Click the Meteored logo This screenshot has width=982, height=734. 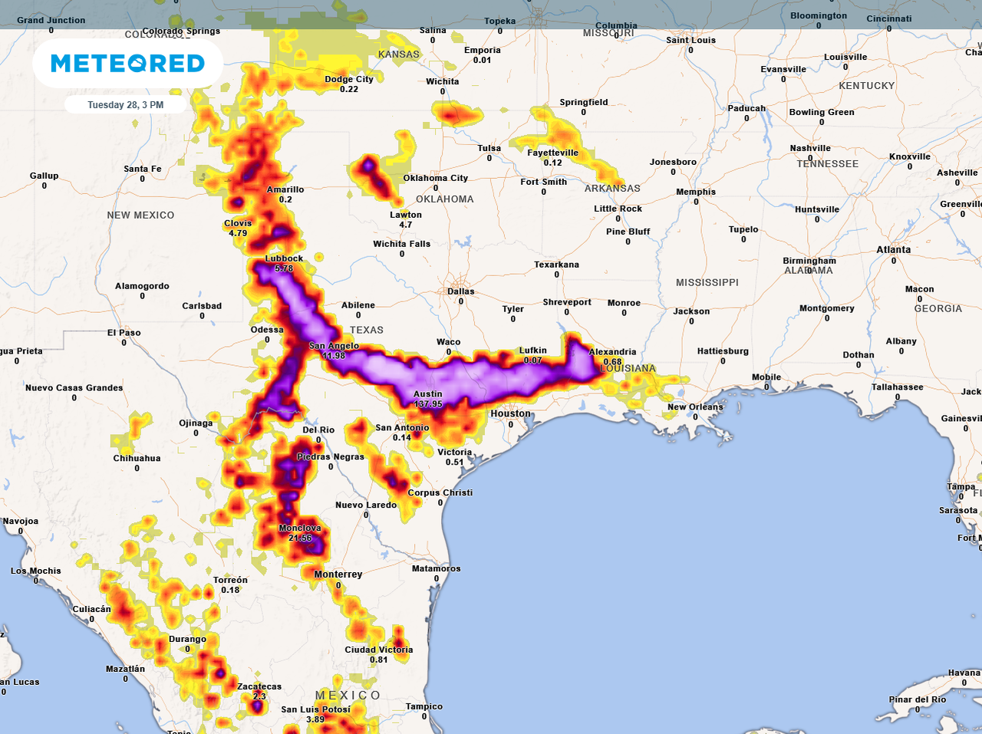127,63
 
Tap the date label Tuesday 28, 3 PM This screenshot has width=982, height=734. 125,105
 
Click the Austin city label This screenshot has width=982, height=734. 427,394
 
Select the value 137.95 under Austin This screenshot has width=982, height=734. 428,404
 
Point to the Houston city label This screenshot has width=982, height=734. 510,413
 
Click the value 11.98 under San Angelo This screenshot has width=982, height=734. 334,356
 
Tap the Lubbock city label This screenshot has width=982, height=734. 284,259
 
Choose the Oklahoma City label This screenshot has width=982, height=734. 435,178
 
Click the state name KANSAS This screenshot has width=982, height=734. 399,54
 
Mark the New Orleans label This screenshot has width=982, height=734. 695,407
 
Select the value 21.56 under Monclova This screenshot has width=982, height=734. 300,538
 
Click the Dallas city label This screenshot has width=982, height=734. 461,291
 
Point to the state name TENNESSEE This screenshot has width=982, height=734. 827,163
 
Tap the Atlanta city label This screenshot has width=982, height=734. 894,249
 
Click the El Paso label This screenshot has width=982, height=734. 124,333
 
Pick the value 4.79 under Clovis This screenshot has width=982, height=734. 238,233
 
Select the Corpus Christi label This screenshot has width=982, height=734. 440,493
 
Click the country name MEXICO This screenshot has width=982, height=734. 348,695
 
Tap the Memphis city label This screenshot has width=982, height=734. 696,192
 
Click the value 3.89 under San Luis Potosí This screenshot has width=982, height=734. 315,719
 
